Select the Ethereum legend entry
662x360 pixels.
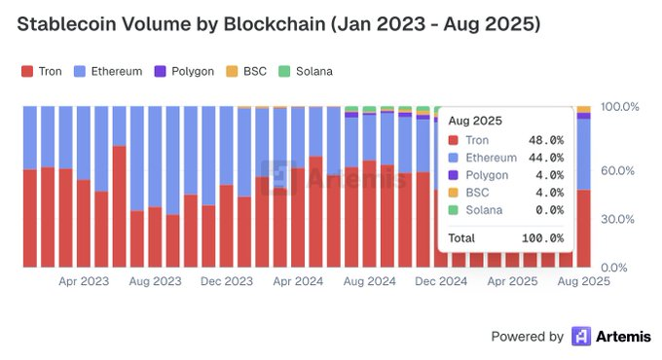point(108,71)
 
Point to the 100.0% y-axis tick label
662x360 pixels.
point(619,106)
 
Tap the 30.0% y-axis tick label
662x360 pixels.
point(619,219)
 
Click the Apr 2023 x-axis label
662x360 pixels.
point(83,281)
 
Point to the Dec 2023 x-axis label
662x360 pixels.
point(226,281)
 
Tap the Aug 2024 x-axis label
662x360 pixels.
point(369,281)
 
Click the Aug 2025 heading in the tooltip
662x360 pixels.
point(474,122)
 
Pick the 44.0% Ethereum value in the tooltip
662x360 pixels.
point(545,158)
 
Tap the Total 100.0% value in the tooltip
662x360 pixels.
point(542,237)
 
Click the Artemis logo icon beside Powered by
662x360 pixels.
point(582,337)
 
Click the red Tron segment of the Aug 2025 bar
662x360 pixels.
point(583,229)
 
